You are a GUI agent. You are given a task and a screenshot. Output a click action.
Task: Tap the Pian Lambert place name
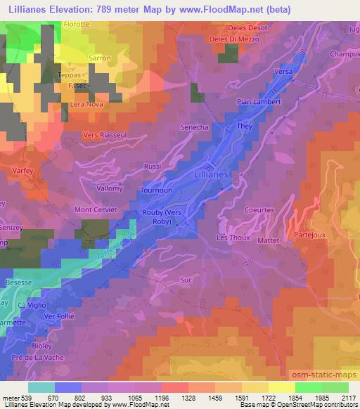pos(259,102)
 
